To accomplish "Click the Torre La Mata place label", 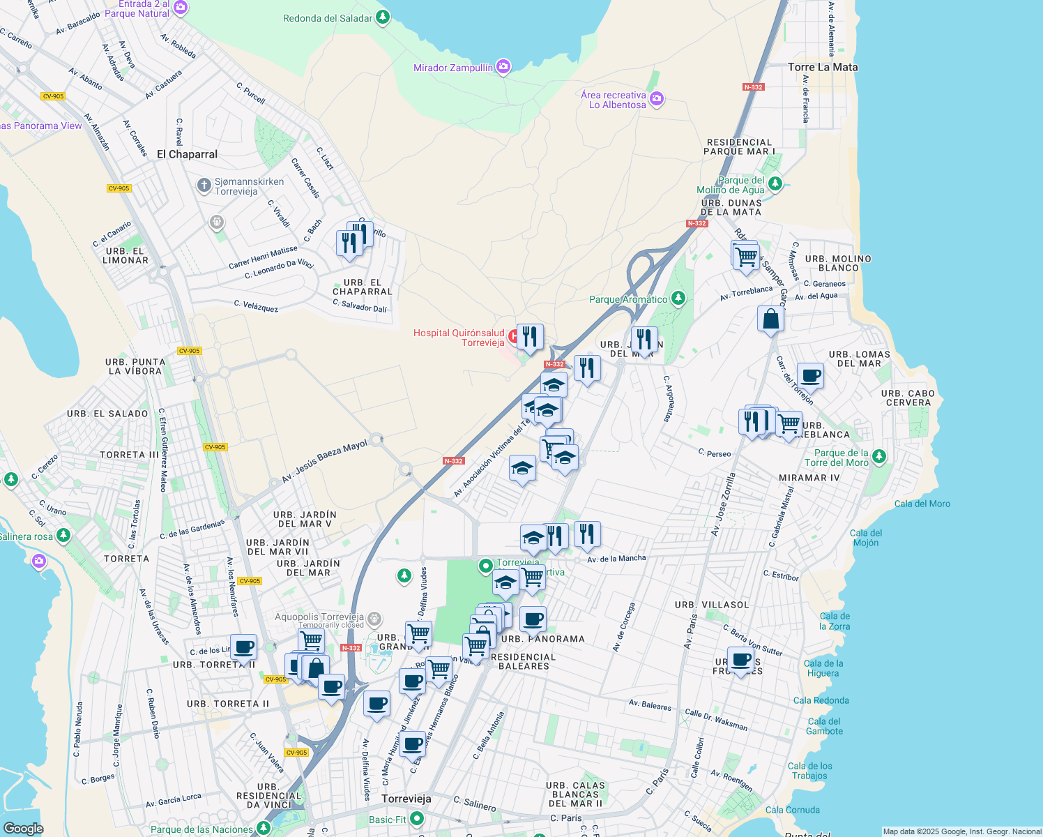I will click(x=823, y=67).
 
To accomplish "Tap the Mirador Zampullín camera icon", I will click(x=503, y=67).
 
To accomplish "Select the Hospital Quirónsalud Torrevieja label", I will click(x=458, y=338).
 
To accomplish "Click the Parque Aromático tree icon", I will click(x=678, y=299).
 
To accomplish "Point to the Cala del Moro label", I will click(x=922, y=504).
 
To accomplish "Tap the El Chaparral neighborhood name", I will click(x=187, y=154).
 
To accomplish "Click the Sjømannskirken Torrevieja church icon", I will click(x=204, y=185).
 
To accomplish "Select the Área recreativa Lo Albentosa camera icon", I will click(x=657, y=100).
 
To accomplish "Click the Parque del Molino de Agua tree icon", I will click(x=775, y=184).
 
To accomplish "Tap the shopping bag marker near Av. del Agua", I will click(x=770, y=319).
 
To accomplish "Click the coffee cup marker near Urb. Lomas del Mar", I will click(x=810, y=376).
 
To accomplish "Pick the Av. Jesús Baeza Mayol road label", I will click(x=324, y=462).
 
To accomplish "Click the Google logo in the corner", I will click(x=23, y=828).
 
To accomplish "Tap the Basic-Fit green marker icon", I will click(x=417, y=818).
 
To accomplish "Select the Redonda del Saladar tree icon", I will click(x=383, y=17).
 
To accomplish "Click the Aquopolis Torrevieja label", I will click(x=319, y=617).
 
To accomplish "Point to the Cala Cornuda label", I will click(x=792, y=810).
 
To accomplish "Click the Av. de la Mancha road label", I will click(x=616, y=558).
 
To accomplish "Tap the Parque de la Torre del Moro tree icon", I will click(x=879, y=457).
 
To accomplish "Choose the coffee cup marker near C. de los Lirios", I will click(x=243, y=647).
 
